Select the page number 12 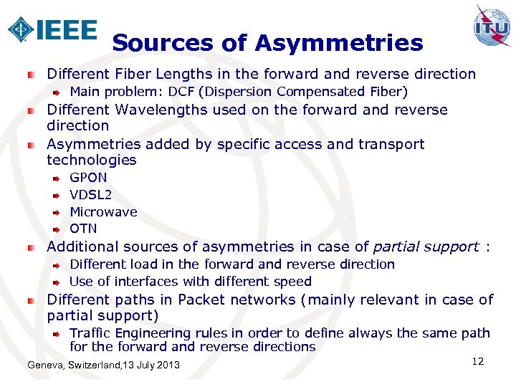coord(478,361)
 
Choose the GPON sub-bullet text coord(88,177)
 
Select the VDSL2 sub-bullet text coord(90,194)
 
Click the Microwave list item coord(103,211)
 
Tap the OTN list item coord(83,229)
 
